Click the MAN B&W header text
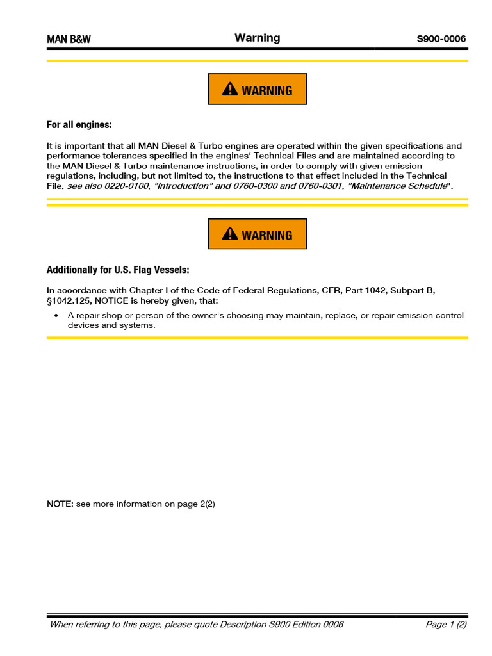(x=69, y=39)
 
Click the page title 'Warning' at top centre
(x=257, y=38)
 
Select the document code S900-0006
(x=441, y=39)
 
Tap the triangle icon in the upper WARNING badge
(x=230, y=90)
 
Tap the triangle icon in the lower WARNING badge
(x=230, y=234)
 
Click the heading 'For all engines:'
(x=79, y=125)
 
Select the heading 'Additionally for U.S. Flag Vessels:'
(x=118, y=270)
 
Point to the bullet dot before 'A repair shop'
(x=56, y=316)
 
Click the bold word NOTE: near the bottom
(x=60, y=504)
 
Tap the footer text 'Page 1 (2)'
(x=446, y=625)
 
